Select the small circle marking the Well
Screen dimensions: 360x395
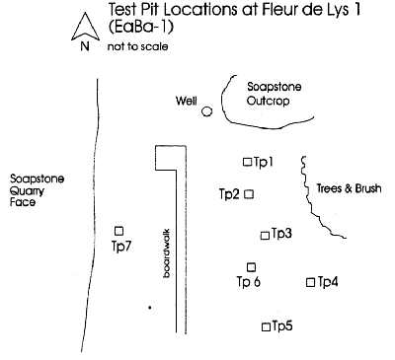[x=206, y=111]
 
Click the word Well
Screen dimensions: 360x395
[x=187, y=101]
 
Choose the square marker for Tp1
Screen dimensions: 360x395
[x=247, y=161]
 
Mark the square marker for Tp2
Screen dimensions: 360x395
[x=249, y=194]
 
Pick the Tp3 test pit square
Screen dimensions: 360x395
[x=264, y=235]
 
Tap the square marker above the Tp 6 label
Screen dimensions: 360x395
[x=251, y=266]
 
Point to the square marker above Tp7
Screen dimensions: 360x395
[x=119, y=231]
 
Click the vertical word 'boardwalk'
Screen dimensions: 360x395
[x=167, y=258]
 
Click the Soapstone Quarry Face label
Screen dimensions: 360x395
[x=34, y=190]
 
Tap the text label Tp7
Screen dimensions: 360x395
[x=121, y=246]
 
